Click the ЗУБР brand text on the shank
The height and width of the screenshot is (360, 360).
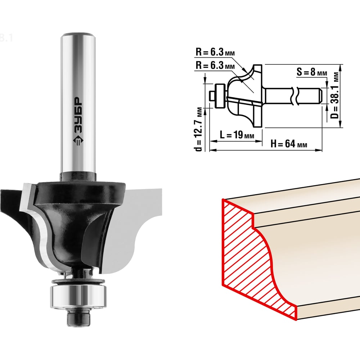[x=78, y=115]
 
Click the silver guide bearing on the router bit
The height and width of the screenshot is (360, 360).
[x=78, y=297]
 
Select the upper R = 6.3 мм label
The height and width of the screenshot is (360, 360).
[x=215, y=52]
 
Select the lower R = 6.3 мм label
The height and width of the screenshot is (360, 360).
[x=215, y=66]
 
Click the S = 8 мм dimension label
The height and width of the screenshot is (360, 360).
[x=311, y=72]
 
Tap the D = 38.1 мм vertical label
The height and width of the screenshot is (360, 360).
[x=335, y=95]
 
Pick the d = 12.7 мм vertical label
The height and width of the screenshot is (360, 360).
[x=198, y=129]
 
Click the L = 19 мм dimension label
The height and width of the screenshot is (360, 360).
[x=237, y=135]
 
